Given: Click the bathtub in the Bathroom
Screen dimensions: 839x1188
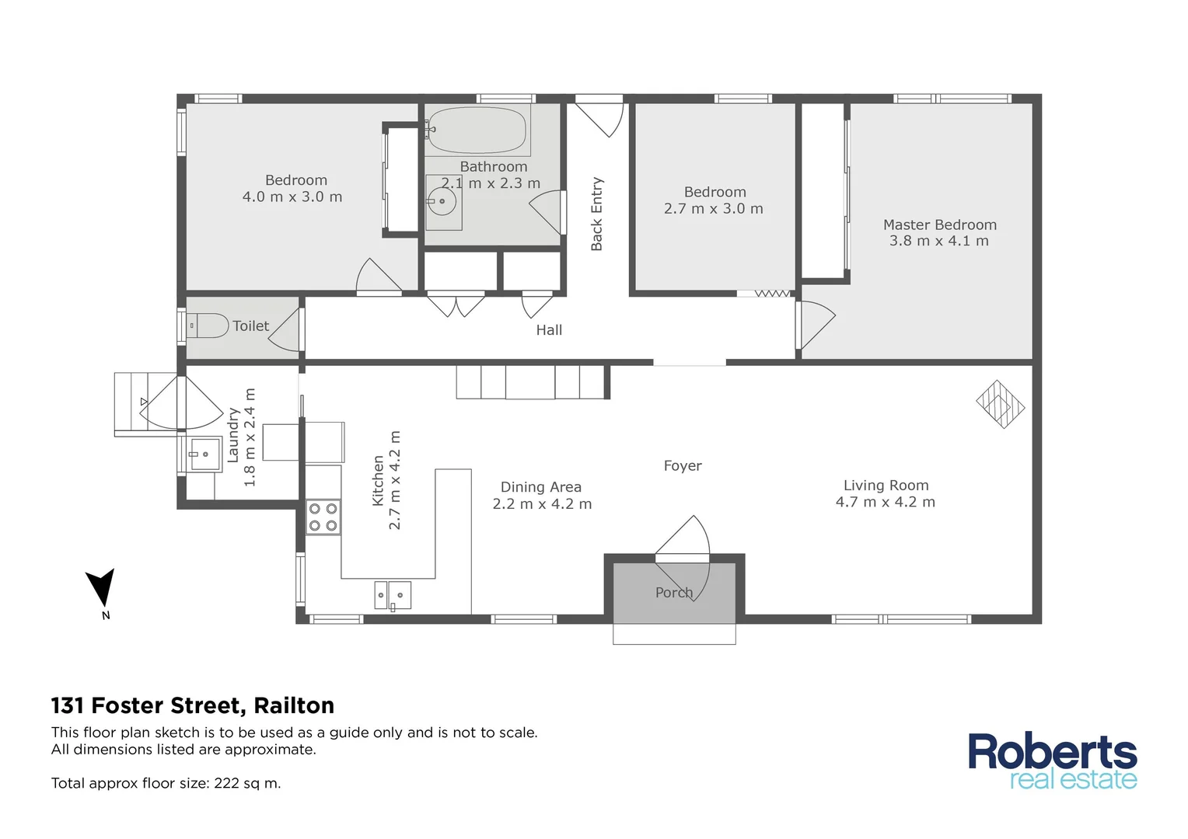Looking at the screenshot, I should click(x=477, y=130).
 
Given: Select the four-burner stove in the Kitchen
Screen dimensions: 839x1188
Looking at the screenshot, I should click(x=323, y=517).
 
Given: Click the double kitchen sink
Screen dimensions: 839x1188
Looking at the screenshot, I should click(x=393, y=595).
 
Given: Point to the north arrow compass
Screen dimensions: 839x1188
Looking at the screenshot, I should click(x=102, y=589).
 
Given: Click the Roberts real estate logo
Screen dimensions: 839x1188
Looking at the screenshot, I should click(x=1052, y=761).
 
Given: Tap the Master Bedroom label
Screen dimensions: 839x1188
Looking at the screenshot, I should click(x=939, y=225).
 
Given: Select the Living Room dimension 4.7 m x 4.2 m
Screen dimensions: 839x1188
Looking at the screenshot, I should click(x=886, y=503).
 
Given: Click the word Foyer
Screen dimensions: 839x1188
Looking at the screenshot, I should click(x=683, y=466).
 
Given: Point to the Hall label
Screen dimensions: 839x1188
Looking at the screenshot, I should click(x=549, y=330).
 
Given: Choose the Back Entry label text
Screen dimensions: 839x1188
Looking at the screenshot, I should click(x=597, y=214).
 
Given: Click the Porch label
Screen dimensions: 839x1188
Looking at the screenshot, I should click(x=673, y=593).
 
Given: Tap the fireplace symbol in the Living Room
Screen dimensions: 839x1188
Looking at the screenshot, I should click(x=1000, y=404).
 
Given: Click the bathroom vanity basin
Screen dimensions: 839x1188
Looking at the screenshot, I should click(x=442, y=202).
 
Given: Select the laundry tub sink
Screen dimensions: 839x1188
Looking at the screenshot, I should click(x=205, y=454).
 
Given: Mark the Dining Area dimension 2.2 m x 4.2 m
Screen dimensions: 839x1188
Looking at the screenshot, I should click(x=542, y=504).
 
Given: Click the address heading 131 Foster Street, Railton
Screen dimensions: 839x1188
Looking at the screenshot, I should click(x=193, y=705).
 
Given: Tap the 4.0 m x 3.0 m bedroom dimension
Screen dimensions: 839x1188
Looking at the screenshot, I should click(x=292, y=197).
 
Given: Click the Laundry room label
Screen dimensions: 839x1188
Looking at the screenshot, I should click(x=233, y=437).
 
